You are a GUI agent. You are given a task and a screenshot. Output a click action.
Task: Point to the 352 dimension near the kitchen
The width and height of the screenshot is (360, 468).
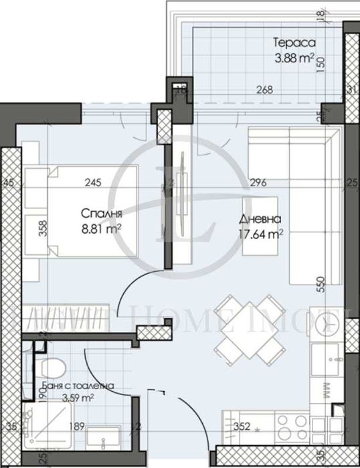tap(242, 426)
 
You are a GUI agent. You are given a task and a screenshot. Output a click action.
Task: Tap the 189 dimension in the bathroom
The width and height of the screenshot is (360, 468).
tap(78, 426)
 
